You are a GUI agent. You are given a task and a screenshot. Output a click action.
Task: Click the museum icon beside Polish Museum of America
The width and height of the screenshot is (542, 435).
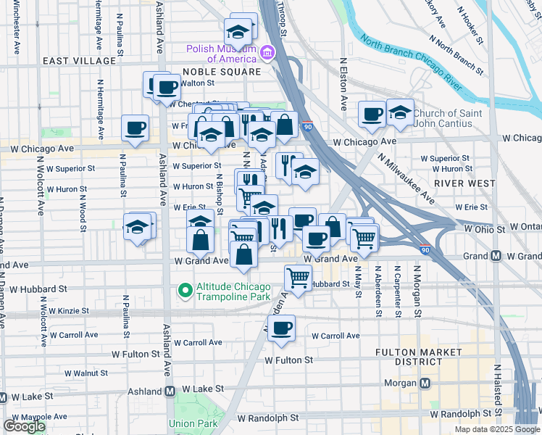tap(267, 53)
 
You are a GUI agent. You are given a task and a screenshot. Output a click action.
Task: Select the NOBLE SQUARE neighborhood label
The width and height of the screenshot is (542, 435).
tap(221, 72)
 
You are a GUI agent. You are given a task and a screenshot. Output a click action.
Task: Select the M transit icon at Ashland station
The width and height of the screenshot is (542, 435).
tap(170, 391)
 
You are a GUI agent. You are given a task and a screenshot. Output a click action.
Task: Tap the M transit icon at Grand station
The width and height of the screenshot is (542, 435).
tap(496, 256)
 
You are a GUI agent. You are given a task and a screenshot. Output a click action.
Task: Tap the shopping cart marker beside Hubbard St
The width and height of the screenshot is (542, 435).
tap(298, 276)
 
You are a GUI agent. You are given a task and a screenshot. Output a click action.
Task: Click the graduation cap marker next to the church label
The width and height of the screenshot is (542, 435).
tap(400, 112)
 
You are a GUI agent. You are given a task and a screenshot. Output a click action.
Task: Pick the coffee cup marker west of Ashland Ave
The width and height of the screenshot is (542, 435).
tap(135, 128)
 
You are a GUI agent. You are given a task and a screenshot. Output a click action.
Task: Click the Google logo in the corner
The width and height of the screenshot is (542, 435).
tap(24, 426)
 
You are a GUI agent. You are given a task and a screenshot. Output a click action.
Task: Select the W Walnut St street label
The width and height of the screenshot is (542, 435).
tap(81, 373)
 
